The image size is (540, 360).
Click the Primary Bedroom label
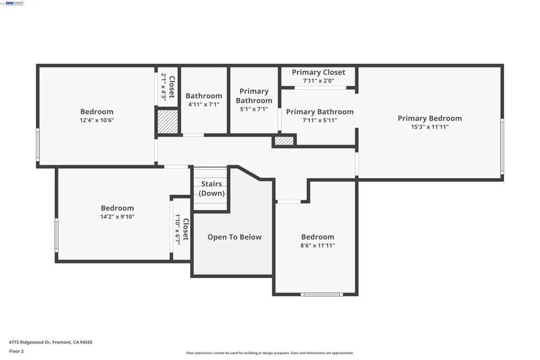click(429, 118)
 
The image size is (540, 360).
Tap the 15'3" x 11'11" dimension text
click(430, 127)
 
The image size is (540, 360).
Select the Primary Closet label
click(319, 72)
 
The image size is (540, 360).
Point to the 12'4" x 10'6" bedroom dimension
click(97, 120)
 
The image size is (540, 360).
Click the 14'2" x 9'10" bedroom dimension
click(117, 217)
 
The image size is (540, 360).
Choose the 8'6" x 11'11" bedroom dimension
click(318, 246)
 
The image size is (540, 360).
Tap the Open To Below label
click(234, 237)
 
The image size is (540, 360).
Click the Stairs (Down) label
click(211, 189)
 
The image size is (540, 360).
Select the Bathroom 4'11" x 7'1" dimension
click(203, 104)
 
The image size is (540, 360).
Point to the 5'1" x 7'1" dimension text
click(254, 109)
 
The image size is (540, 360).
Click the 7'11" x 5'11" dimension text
click(320, 120)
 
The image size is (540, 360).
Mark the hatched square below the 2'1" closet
click(168, 122)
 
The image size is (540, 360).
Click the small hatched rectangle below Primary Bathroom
click(284, 141)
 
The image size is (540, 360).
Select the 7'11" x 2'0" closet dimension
click(318, 81)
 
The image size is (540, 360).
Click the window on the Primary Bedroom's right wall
click(502, 147)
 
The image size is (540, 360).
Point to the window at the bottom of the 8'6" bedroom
click(322, 295)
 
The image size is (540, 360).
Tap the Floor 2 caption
click(16, 352)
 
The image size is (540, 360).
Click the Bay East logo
click(13, 4)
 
